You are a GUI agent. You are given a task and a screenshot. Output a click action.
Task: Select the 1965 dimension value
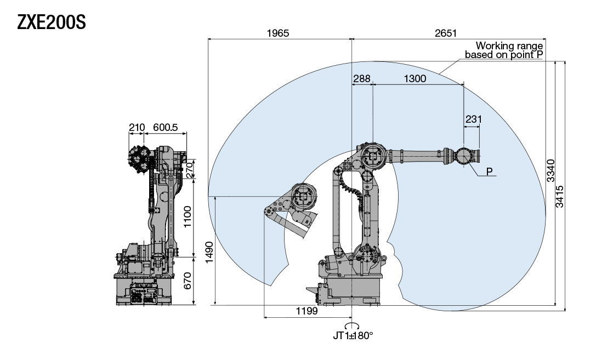pos(277,33)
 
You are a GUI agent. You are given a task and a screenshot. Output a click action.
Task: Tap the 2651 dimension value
pos(445,33)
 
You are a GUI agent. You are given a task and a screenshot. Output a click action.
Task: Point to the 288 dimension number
pos(361,78)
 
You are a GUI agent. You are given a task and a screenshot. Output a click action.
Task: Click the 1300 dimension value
pos(415,78)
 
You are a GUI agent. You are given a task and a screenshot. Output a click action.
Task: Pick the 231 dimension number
pos(473,119)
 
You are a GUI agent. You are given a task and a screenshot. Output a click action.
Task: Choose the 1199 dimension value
pos(307,311)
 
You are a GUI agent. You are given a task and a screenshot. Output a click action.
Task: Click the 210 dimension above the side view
pos(137,127)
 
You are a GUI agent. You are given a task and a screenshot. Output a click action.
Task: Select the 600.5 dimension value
pos(165,127)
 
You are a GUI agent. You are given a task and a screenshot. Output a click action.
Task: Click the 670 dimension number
pos(189,281)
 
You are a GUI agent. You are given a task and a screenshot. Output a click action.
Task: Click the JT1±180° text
pos(353,335)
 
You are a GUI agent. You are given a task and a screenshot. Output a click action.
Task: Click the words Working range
pos(509,45)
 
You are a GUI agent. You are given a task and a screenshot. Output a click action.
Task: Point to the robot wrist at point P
pos(464,156)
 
